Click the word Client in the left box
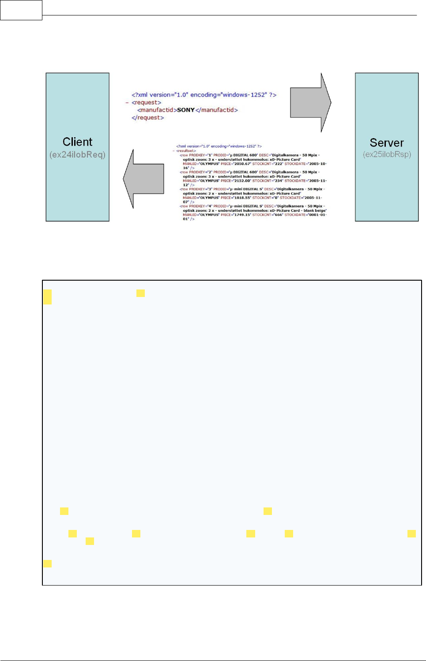77,142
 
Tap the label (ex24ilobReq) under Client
77,154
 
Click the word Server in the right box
387,143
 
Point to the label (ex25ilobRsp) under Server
387,154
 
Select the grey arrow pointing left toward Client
143,179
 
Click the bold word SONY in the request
186,110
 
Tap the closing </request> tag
147,118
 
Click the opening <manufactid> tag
157,110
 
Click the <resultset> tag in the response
186,151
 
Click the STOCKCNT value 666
278,215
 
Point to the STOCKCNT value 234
278,181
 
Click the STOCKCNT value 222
278,164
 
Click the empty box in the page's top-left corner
21,10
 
